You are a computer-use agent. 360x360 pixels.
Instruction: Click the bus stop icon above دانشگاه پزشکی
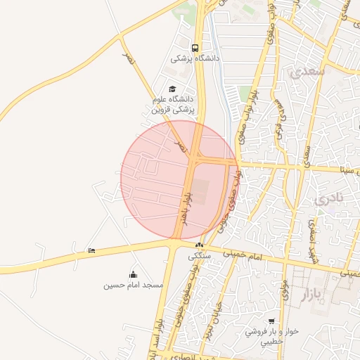[195, 49]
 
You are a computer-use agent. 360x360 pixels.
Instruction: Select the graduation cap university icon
[172, 89]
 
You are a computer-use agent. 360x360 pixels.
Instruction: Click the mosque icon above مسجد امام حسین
[134, 274]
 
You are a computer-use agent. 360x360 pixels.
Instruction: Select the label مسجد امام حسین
[134, 285]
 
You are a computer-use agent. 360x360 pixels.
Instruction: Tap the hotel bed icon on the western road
[91, 251]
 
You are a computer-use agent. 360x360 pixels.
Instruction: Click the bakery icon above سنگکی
[200, 245]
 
